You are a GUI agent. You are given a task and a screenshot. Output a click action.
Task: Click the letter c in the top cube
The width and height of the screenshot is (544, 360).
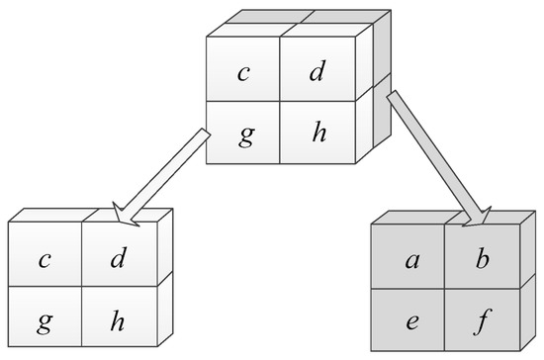tap(242, 73)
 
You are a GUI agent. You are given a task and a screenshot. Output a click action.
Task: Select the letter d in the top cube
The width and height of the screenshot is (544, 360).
tap(317, 73)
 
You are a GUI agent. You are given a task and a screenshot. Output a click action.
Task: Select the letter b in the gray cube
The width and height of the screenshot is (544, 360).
tap(483, 260)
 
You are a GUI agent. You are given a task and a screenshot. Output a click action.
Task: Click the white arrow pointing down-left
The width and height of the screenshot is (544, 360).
tap(168, 173)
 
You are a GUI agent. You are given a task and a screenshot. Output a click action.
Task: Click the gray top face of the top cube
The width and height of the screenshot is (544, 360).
tap(297, 24)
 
